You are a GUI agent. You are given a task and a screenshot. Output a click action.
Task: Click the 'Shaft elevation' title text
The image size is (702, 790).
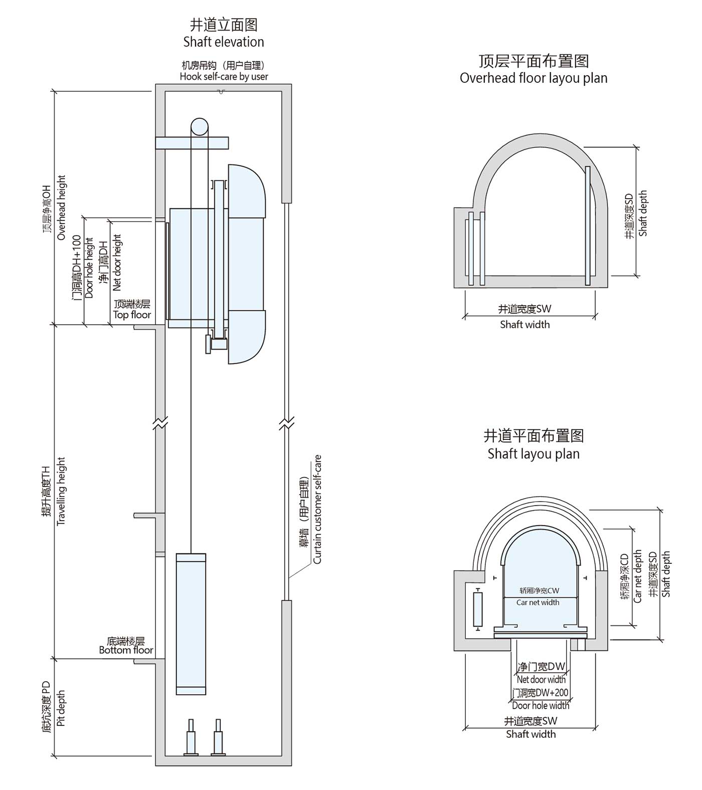[x=224, y=42]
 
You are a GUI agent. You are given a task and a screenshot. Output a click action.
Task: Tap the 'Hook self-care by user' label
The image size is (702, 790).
[x=224, y=77]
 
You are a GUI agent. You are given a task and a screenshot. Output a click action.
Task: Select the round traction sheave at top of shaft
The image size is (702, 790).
[x=199, y=126]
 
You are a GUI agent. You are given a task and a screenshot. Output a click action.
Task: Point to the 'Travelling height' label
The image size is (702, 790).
[x=62, y=491]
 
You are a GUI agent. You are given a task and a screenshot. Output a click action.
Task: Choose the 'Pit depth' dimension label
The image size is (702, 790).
[x=61, y=708]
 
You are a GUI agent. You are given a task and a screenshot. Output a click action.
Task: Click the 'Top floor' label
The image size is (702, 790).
[x=132, y=315]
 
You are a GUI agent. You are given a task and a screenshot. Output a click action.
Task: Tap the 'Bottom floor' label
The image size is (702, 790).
[x=126, y=650]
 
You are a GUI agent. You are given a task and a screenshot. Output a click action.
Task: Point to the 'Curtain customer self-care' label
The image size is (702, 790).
[x=317, y=509]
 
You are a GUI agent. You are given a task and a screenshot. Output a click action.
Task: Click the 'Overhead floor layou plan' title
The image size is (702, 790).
[x=534, y=78]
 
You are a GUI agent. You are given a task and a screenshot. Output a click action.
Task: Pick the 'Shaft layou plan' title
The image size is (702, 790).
[x=534, y=454]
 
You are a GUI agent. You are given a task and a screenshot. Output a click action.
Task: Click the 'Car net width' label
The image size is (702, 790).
[x=538, y=602]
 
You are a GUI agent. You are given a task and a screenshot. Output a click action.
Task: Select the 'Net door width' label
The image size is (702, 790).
[x=541, y=680]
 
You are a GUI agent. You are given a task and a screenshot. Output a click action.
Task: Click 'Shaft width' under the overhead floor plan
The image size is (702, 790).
[x=524, y=325]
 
